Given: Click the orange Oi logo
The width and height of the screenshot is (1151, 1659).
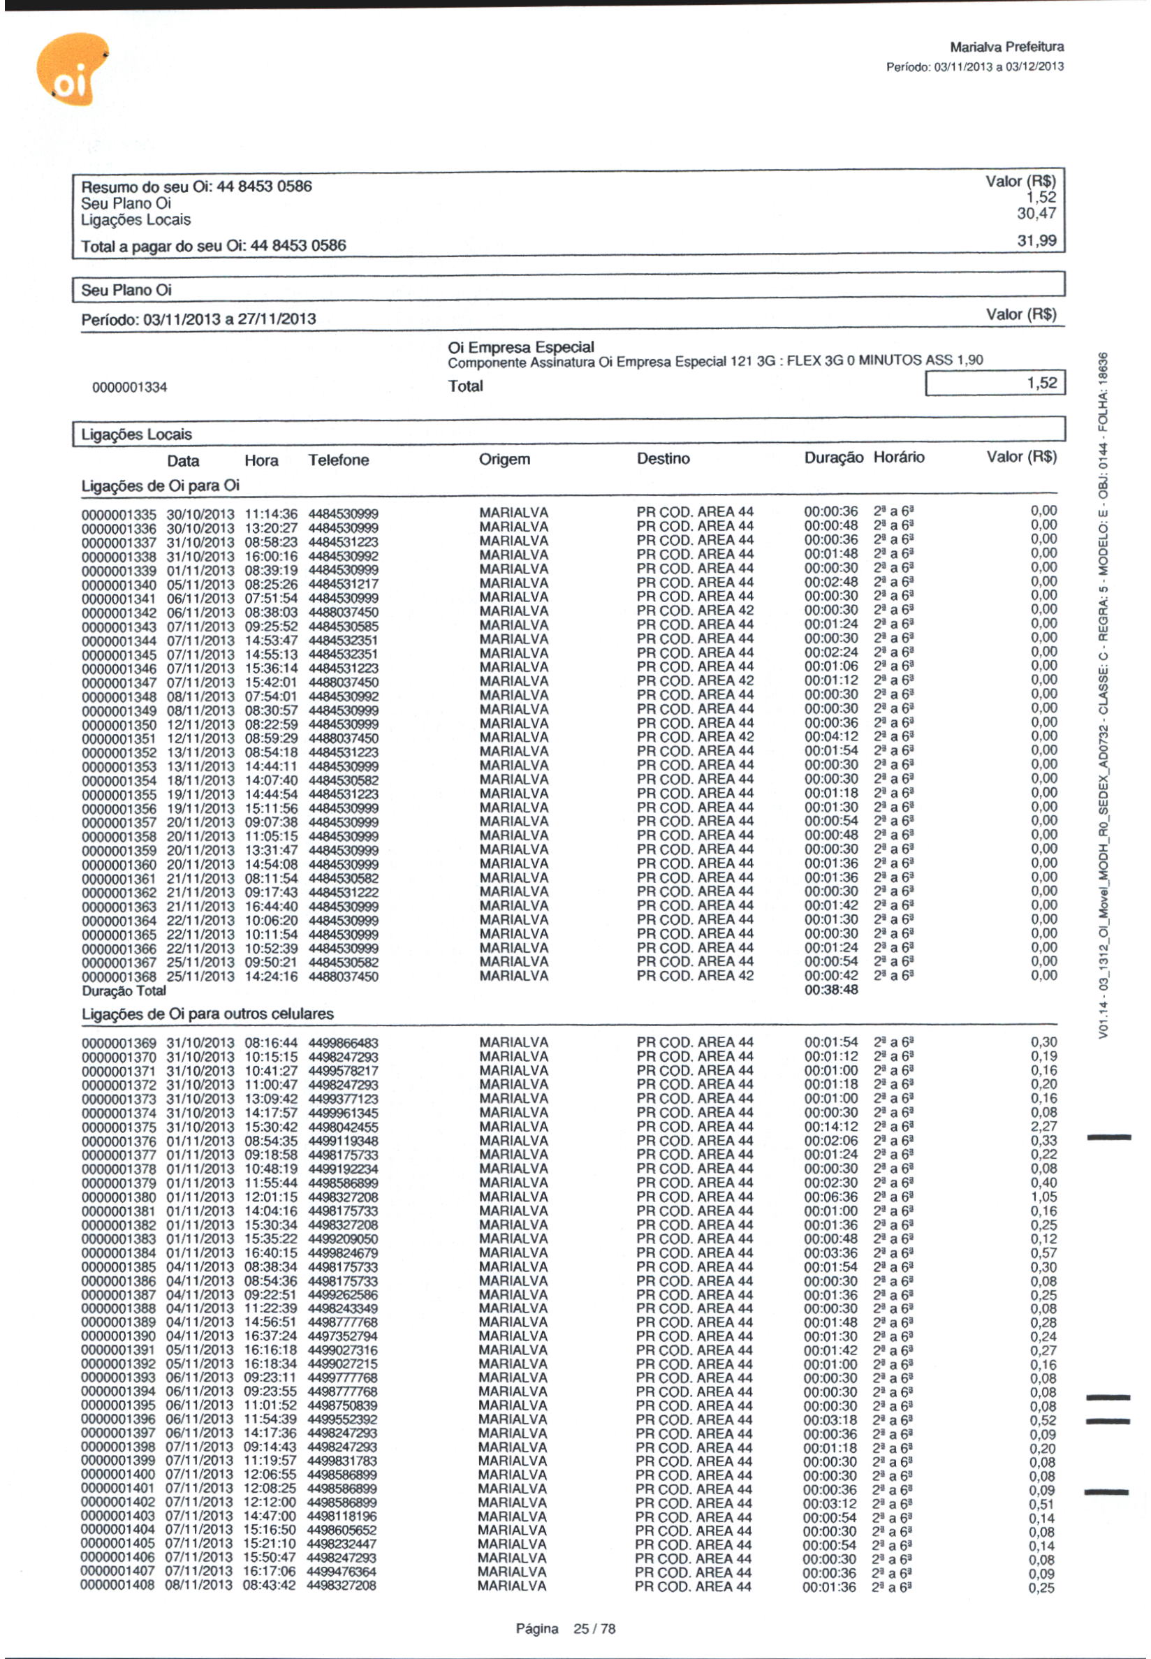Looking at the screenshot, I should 71,70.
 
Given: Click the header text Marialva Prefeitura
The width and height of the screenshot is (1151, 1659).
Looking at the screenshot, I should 1006,47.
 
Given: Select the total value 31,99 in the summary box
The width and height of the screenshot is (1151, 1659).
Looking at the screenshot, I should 1036,241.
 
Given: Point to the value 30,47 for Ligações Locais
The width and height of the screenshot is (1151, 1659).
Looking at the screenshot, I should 1036,214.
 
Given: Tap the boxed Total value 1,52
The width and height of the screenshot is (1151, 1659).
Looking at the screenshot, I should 1041,383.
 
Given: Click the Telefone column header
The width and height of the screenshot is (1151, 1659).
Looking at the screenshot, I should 338,460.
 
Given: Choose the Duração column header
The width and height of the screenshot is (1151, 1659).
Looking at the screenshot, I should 833,458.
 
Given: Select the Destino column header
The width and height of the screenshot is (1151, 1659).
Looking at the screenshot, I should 663,459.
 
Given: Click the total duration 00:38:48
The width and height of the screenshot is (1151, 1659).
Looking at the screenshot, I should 831,990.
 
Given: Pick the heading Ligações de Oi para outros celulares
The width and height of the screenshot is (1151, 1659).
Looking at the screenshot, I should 207,1014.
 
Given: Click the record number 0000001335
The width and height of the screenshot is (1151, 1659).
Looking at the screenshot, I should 118,515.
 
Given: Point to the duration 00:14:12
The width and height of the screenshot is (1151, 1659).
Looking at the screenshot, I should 831,1127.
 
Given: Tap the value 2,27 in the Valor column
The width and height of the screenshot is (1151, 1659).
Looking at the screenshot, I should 1043,1127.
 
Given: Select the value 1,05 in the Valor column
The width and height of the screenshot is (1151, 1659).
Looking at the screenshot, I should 1043,1197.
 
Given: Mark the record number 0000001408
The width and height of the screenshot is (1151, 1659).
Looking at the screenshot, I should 117,1585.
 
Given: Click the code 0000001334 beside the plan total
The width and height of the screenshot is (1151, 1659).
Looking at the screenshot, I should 129,388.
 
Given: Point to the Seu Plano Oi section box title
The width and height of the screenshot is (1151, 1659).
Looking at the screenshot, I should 126,290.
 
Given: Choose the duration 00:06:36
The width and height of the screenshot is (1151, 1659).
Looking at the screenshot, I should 831,1197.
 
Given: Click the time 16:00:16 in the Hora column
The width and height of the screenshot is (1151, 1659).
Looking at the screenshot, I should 270,557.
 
